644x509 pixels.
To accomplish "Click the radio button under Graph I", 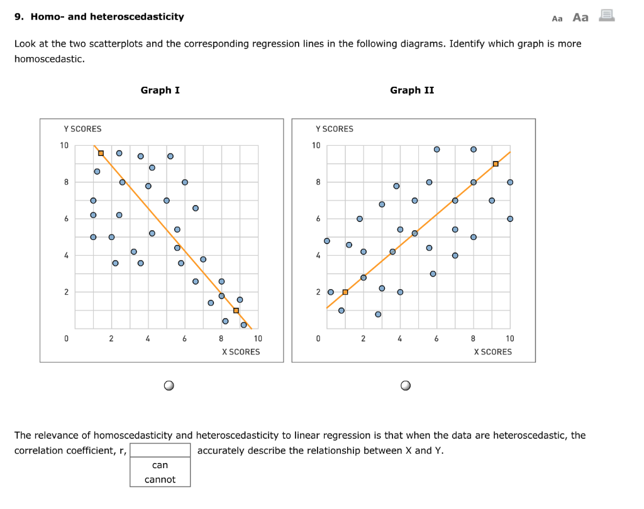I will click(169, 385).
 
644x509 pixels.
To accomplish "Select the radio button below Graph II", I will click(406, 385).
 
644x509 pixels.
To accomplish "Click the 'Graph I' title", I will click(160, 90).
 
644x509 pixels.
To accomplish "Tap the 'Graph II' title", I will click(412, 90).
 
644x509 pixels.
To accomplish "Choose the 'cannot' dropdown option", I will click(160, 479).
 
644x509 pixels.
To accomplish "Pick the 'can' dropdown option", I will click(160, 465).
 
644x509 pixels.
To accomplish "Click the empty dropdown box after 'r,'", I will click(160, 450).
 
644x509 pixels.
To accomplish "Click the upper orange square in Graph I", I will click(101, 153).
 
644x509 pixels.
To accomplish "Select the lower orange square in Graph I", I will click(236, 310).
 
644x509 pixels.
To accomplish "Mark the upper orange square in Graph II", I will click(496, 164).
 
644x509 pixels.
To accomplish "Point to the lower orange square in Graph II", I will click(345, 292).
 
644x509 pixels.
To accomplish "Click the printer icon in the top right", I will click(606, 16).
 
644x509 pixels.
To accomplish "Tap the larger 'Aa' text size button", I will click(580, 17).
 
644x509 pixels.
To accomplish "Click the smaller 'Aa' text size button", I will click(557, 18).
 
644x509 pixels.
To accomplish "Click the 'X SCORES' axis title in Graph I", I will click(241, 352).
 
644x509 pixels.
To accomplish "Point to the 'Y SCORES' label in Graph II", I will click(335, 129).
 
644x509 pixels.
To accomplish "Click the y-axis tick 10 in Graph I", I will click(64, 146).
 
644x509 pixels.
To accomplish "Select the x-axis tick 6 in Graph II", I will click(436, 339).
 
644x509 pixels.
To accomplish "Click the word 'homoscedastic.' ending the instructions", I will click(49, 58).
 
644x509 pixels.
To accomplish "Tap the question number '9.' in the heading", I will click(19, 16).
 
